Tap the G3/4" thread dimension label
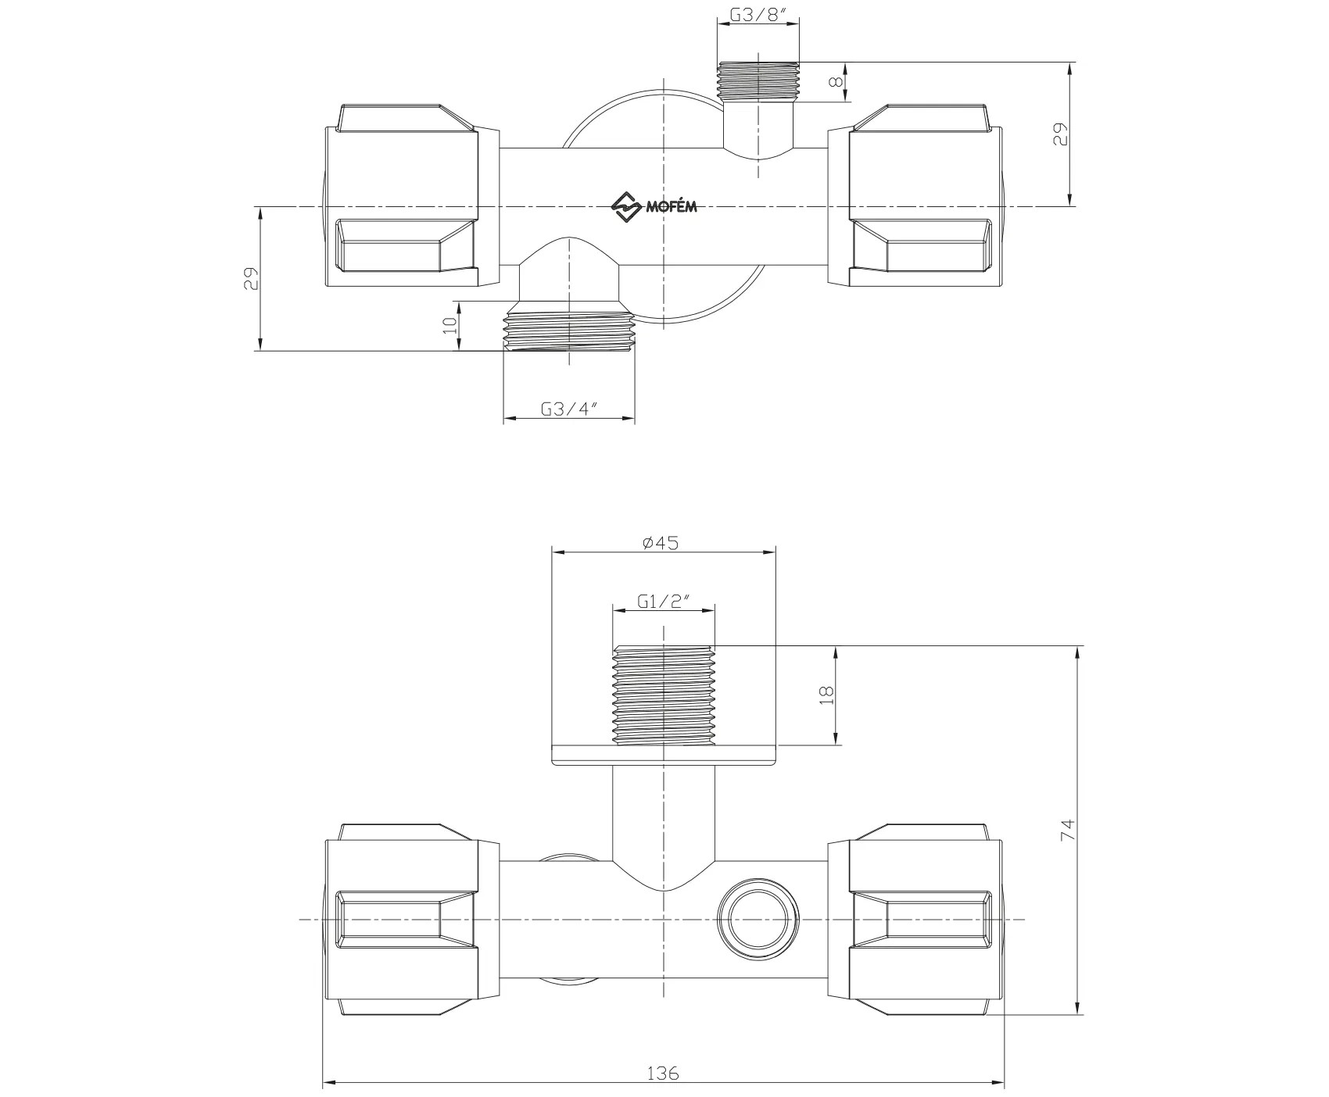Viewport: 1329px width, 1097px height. [568, 408]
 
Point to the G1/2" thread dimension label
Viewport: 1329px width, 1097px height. [663, 601]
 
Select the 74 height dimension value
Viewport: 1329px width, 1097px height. [1067, 830]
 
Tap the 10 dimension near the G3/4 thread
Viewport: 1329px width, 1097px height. [450, 326]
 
